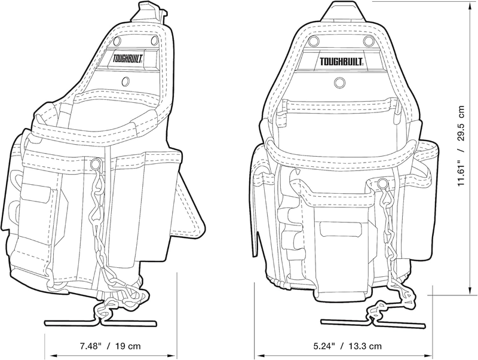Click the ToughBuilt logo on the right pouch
coord(341,62)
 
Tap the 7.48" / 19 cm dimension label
coord(111,346)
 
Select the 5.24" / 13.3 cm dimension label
coord(347,346)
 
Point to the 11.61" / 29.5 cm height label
coord(460,146)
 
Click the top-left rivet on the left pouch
coord(118,41)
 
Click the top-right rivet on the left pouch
coord(154,40)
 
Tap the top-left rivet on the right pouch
coord(313,40)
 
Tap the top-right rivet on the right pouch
coord(369,40)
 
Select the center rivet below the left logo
coord(125,81)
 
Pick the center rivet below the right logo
coord(339,83)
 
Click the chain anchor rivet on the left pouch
coord(95,164)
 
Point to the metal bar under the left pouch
coord(100,322)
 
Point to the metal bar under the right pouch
coord(373,324)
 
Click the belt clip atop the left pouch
coord(151,12)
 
